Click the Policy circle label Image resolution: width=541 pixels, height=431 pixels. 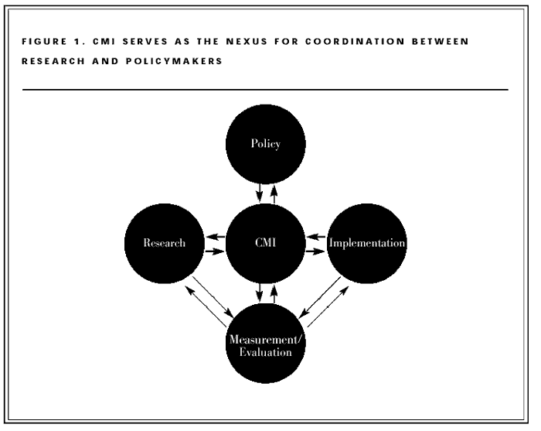[266, 145]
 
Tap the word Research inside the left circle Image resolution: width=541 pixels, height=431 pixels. [164, 243]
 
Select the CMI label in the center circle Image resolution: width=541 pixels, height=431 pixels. [266, 243]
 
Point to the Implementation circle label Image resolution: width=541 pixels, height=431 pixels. [367, 243]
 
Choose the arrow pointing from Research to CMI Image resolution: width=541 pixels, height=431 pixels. [215, 251]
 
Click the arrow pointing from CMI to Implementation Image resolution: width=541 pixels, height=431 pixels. [316, 251]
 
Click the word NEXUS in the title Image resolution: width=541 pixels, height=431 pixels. [241, 41]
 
